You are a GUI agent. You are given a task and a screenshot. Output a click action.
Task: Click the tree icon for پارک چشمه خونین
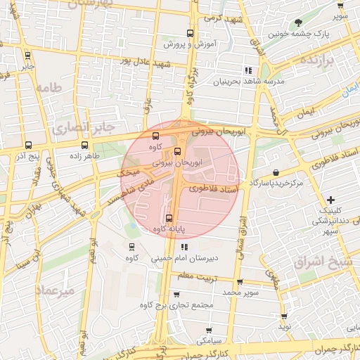[299, 22]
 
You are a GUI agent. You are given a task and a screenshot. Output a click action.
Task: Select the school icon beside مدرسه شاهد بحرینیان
[247, 70]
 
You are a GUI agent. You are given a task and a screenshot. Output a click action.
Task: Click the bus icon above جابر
[27, 56]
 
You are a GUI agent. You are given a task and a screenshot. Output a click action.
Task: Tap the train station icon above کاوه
[131, 246]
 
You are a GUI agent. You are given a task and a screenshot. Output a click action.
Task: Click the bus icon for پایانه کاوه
[169, 219]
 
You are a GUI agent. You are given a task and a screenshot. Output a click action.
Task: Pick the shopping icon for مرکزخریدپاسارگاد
[276, 172]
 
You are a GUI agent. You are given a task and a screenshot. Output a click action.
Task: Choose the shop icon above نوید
[284, 317]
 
